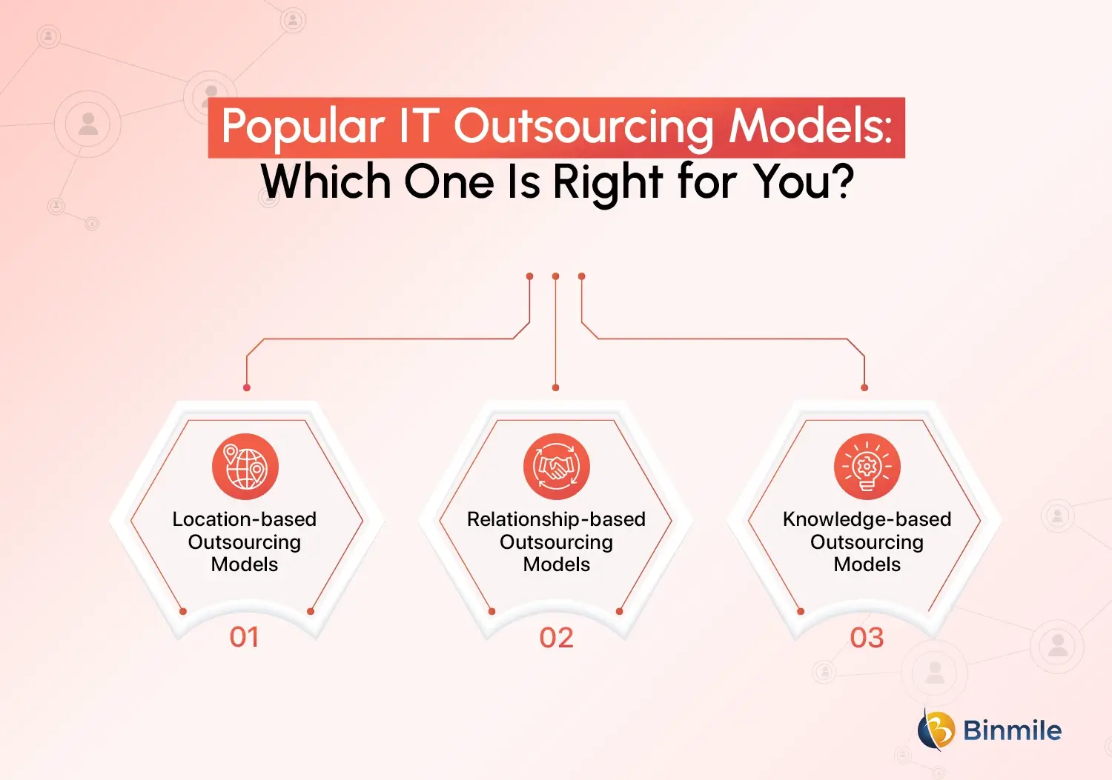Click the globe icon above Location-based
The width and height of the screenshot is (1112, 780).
click(x=245, y=467)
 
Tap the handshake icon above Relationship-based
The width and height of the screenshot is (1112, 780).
click(x=556, y=467)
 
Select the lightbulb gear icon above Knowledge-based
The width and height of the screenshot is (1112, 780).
click(x=867, y=467)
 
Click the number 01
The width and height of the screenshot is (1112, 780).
click(x=245, y=637)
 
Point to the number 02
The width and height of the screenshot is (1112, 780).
click(x=557, y=638)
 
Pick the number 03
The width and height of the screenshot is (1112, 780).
click(x=867, y=638)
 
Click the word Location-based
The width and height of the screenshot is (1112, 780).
click(x=245, y=519)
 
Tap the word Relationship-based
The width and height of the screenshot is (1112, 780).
click(x=556, y=519)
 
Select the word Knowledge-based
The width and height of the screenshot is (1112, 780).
click(x=867, y=519)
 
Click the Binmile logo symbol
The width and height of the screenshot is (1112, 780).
click(x=936, y=730)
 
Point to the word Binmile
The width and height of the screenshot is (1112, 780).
click(x=1012, y=730)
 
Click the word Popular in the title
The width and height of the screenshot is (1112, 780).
click(x=302, y=127)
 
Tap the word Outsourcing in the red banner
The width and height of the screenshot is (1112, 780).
click(x=584, y=127)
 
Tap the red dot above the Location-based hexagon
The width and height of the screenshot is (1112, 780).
click(x=247, y=387)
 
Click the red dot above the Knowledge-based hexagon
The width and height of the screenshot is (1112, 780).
click(x=864, y=387)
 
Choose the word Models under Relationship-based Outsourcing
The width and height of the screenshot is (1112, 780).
click(x=557, y=564)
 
